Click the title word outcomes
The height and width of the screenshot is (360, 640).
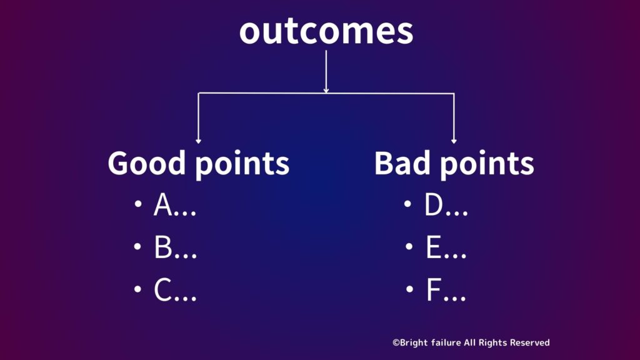click(326, 31)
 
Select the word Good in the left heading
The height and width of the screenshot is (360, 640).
click(147, 163)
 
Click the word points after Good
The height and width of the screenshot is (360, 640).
click(242, 164)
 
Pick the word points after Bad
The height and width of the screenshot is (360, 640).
click(487, 164)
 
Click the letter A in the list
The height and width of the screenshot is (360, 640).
click(163, 204)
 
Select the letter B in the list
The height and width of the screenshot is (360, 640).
click(163, 247)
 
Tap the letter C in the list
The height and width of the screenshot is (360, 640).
click(162, 290)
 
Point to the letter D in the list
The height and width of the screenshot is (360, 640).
click(434, 204)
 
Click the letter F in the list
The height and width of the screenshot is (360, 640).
click(434, 290)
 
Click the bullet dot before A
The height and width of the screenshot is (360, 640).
click(138, 203)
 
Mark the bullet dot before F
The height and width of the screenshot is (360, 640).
click(410, 289)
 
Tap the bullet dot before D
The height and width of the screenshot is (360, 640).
click(407, 203)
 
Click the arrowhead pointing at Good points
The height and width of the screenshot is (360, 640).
click(198, 141)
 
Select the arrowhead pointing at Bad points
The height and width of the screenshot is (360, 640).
click(454, 141)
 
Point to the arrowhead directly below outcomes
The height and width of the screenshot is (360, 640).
click(326, 91)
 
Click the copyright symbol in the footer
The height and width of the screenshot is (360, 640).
click(396, 343)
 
